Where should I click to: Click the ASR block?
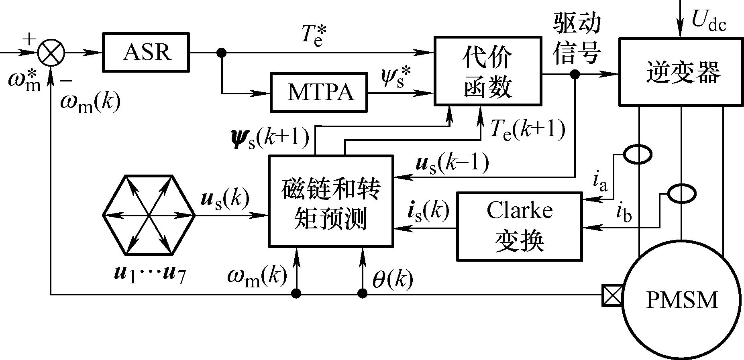tap(146, 53)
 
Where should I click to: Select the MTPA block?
tap(320, 92)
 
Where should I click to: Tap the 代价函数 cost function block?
tap(487, 71)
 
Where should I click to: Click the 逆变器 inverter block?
tap(681, 72)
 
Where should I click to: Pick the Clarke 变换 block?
tap(519, 226)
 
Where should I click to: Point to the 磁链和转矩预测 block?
tap(330, 201)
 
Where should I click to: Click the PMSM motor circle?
tap(681, 299)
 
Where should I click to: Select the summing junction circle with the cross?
tap(51, 52)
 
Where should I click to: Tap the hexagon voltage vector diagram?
tap(149, 216)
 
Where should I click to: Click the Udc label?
tap(708, 20)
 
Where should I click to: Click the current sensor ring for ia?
tap(638, 155)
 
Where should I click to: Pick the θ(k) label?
tap(392, 280)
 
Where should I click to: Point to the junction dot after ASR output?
tap(221, 53)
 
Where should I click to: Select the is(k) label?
tap(428, 211)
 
